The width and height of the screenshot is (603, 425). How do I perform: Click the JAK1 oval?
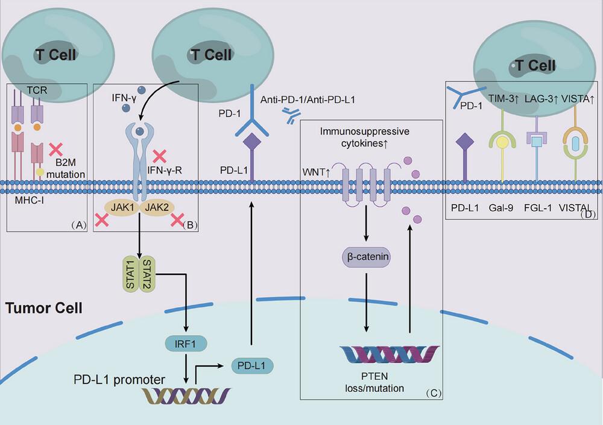pos(122,208)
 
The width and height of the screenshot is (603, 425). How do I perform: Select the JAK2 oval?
pos(157,208)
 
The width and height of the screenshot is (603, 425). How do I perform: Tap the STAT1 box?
pos(131,274)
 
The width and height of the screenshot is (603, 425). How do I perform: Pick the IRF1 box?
pos(186,344)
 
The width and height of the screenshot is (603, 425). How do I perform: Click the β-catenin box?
pos(367,257)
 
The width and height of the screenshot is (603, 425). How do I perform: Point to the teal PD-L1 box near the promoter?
pos(252,365)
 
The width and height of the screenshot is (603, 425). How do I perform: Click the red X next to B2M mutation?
pos(55,150)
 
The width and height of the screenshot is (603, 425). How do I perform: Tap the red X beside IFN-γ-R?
pos(159,156)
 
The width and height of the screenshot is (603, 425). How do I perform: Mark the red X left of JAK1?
pos(101,220)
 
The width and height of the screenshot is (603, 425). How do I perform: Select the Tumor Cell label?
pos(44,308)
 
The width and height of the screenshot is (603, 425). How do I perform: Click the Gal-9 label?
pos(500,208)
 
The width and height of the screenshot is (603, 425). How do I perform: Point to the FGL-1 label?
pos(538,208)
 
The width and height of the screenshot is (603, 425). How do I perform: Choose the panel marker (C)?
pos(434,393)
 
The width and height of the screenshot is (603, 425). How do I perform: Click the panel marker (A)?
pos(79,225)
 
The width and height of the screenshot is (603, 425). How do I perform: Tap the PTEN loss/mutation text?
pos(374,382)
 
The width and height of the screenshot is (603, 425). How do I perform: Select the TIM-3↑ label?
pos(504,99)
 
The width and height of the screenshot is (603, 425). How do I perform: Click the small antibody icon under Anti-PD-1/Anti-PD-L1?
pos(291,115)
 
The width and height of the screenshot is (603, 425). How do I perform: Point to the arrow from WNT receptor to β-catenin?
pos(366,223)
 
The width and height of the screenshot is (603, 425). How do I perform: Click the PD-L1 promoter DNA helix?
pos(186,396)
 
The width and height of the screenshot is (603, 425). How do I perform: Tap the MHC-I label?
pos(29,200)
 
